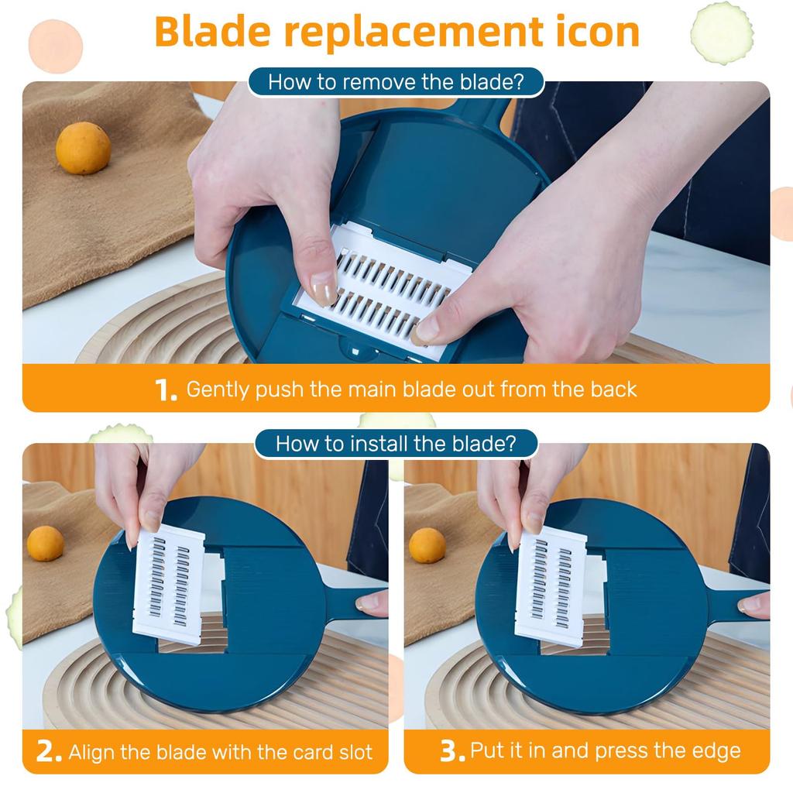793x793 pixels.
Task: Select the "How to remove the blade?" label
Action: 396,82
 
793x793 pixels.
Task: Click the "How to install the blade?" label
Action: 396,444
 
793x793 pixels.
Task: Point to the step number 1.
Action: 166,390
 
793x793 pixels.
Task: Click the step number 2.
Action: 49,752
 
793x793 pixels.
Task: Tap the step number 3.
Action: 452,751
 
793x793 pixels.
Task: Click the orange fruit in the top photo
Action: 83,148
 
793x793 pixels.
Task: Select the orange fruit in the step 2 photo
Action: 46,543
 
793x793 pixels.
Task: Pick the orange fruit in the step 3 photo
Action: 427,545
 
